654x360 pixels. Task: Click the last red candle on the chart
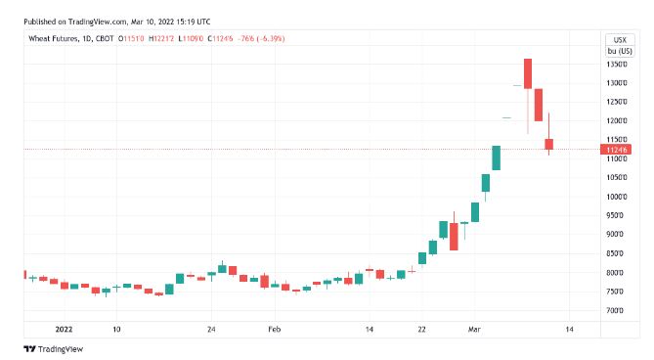549,145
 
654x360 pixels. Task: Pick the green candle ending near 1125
497,157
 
